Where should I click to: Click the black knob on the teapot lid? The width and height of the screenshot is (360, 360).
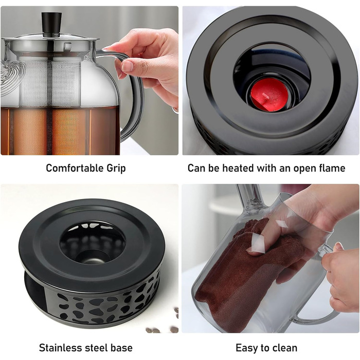[51, 25]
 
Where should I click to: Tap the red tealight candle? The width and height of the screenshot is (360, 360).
[268, 95]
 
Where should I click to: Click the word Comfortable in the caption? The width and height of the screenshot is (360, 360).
[75, 168]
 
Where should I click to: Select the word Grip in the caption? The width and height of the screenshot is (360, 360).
[116, 169]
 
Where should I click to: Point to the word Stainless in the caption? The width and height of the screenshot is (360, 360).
[62, 348]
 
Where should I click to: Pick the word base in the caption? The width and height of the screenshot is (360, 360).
[121, 348]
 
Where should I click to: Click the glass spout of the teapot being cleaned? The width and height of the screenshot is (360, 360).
[250, 199]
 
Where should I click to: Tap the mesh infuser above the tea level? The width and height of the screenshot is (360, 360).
[50, 82]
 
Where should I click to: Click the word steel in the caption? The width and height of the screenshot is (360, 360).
[98, 348]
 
